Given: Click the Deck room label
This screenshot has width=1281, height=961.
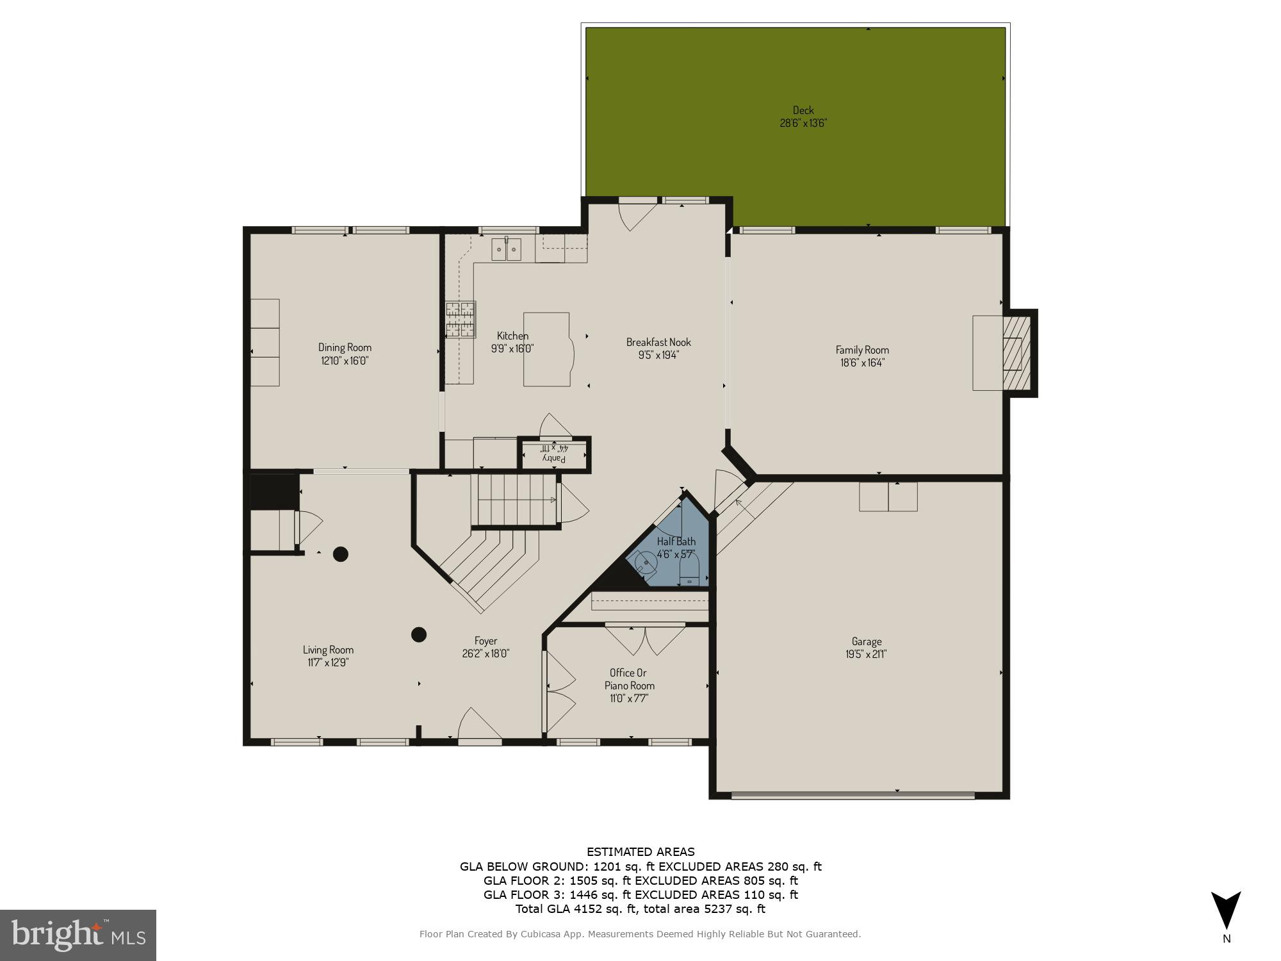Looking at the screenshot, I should [x=803, y=110].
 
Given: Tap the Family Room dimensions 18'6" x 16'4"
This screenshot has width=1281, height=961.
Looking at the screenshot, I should [x=862, y=363].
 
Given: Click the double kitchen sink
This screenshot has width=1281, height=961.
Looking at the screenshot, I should [x=507, y=249].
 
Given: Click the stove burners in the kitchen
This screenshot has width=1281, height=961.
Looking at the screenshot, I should [x=461, y=320].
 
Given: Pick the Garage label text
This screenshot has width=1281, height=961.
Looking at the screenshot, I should [x=866, y=641].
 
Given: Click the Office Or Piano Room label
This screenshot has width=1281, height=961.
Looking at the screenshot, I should [x=629, y=679].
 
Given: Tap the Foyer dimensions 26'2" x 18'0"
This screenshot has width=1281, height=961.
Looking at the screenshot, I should [x=485, y=654].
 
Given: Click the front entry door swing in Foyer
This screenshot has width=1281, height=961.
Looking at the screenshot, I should [x=479, y=725].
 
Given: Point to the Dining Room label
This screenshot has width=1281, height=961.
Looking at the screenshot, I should [x=345, y=347].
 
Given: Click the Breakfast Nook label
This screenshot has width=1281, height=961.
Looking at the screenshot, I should [x=658, y=342].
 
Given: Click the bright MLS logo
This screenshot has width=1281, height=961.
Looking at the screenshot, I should [x=78, y=935].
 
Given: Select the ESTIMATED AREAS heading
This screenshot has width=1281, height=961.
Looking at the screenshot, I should [x=640, y=852].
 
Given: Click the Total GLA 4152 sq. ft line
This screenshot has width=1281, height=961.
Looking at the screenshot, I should [x=640, y=908].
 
